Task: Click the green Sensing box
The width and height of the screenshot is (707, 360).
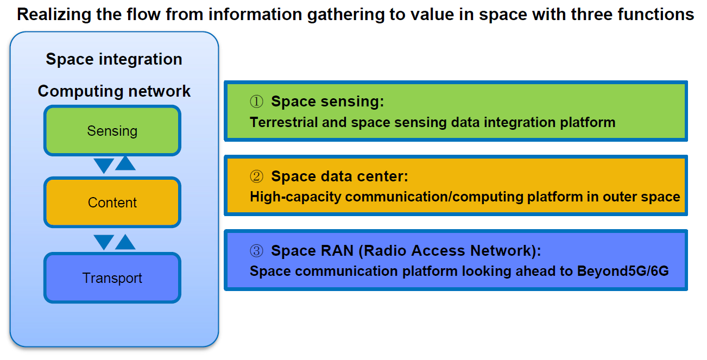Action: (112, 131)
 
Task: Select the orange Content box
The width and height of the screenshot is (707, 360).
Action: (112, 202)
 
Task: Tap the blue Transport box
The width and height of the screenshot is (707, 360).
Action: (112, 277)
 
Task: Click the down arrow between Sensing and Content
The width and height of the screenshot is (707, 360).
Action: (104, 165)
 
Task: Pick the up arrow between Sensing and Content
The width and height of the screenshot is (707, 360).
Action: (125, 163)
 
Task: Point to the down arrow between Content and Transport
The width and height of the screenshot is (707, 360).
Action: (104, 242)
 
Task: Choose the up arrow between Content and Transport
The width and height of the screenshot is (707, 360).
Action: (125, 242)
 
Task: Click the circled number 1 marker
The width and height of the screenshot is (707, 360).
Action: (256, 102)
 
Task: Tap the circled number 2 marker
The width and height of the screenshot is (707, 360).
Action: (256, 176)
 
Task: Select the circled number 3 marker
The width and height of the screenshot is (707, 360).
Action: (256, 251)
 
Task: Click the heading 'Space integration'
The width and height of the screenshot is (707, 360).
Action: (114, 59)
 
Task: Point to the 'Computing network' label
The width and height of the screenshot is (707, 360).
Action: (114, 91)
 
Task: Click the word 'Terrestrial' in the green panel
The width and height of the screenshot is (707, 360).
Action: (283, 122)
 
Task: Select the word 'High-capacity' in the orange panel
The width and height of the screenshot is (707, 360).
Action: (295, 197)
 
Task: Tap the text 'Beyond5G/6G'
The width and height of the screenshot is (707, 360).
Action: (623, 271)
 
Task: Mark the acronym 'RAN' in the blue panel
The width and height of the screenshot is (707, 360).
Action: (337, 251)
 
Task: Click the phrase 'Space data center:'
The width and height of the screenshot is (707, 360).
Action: (339, 176)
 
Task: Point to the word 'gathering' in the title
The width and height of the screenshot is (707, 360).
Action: (345, 15)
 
